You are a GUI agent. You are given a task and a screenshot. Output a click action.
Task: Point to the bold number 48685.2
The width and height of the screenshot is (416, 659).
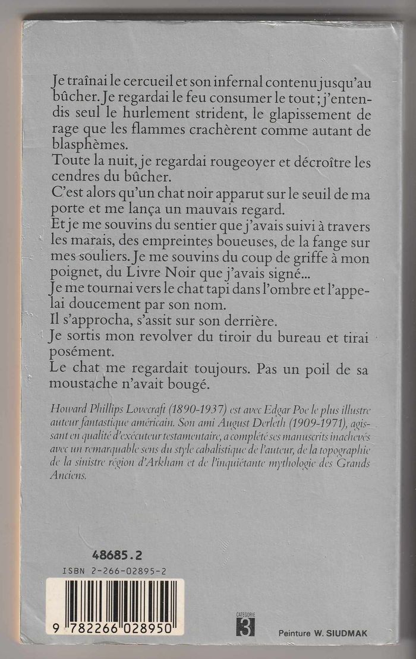click(117, 556)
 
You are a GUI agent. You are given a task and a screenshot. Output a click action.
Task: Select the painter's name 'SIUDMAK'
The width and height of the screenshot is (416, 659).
click(346, 633)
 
